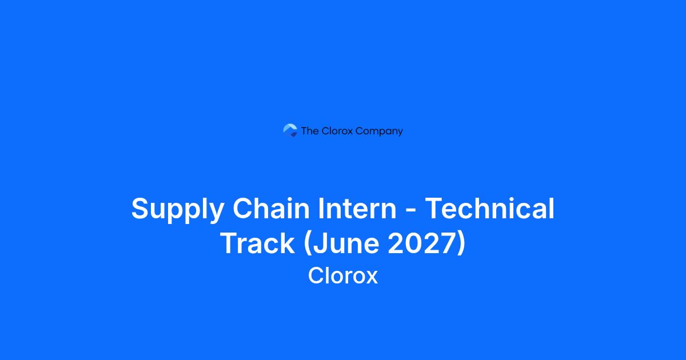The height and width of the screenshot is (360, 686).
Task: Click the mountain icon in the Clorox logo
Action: (290, 130)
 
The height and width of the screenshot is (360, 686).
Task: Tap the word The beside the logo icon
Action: (310, 131)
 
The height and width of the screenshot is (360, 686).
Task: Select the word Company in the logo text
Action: (379, 131)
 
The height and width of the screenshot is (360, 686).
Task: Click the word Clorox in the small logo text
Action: (337, 131)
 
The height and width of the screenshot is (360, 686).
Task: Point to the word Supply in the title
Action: (178, 209)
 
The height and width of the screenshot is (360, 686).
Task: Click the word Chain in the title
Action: (271, 208)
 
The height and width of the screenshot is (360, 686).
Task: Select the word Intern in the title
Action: (357, 208)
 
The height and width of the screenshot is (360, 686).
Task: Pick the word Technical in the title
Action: (490, 208)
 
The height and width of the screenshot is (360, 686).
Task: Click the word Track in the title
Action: (258, 243)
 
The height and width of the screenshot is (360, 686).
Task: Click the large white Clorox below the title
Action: (343, 275)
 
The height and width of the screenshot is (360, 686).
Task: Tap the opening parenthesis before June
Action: (308, 244)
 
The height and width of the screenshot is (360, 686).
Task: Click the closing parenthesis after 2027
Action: (462, 244)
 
